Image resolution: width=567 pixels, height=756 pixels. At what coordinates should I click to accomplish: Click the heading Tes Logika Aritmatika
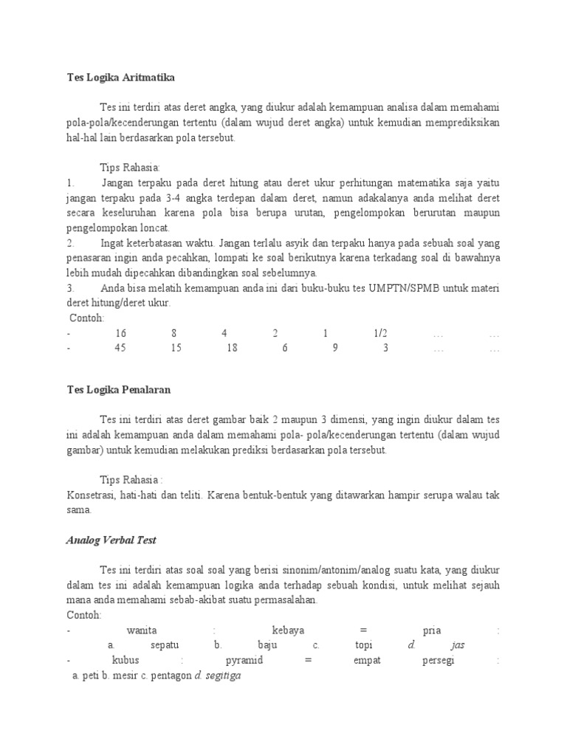[121, 77]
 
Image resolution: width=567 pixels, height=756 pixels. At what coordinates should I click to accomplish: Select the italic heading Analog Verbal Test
[111, 540]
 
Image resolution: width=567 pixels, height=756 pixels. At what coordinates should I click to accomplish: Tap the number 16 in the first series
[121, 334]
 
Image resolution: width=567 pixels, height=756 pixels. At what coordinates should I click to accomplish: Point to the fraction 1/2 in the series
[381, 334]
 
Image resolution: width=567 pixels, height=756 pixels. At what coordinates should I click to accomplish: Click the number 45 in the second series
[120, 348]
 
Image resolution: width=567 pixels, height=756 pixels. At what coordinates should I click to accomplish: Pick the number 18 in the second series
[233, 348]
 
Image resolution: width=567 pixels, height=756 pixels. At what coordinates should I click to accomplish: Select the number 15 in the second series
[176, 348]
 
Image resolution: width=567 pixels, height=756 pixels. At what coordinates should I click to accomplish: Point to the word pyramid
[243, 660]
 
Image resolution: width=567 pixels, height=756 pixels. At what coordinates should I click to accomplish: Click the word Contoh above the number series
[87, 318]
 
